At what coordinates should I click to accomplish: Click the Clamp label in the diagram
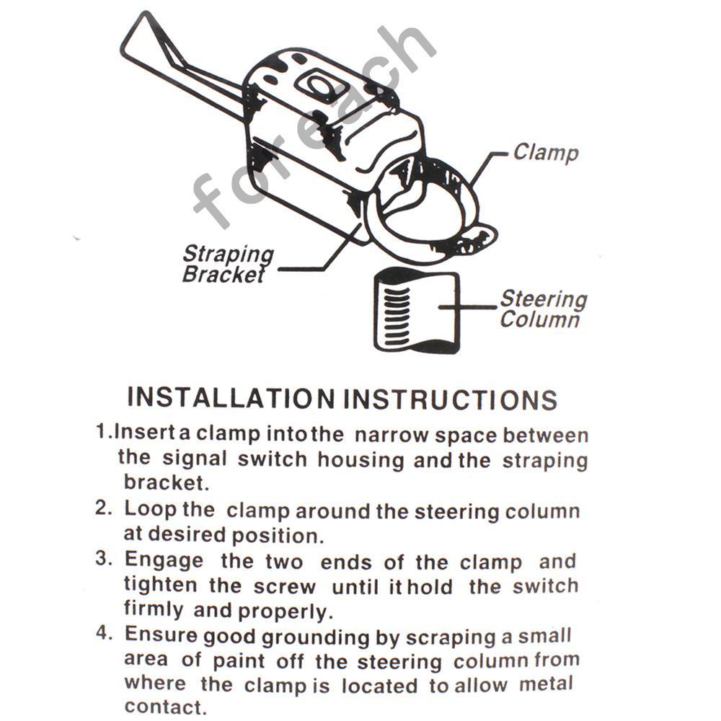(546, 153)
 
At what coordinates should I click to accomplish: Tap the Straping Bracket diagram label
(228, 265)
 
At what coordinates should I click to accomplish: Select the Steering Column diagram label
(544, 309)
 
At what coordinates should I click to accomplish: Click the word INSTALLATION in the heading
(231, 398)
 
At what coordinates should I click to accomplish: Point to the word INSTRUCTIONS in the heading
(451, 399)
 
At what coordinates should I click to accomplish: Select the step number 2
(103, 507)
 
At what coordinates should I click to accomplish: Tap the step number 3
(103, 558)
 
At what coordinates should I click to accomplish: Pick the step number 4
(103, 633)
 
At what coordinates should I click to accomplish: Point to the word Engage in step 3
(164, 561)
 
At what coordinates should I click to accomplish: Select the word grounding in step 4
(316, 638)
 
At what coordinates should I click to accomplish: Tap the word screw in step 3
(285, 587)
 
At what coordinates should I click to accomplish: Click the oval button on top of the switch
(316, 86)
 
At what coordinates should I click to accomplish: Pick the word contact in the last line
(163, 707)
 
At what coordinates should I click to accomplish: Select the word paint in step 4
(239, 660)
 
